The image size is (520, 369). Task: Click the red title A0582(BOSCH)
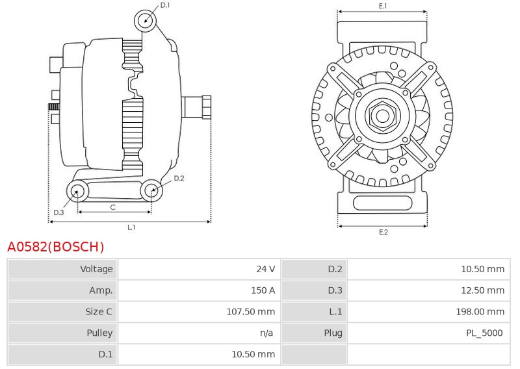(56, 247)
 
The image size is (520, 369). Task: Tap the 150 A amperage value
(263, 290)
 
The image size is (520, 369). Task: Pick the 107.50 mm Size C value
(251, 312)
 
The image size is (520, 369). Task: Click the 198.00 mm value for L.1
(480, 312)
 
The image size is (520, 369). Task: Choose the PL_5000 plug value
(484, 333)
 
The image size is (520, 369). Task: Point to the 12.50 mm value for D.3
(483, 290)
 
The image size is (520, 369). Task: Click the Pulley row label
(99, 333)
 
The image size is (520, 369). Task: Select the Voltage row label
(96, 269)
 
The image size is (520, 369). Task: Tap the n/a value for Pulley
(266, 333)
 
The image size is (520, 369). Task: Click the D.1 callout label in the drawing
(165, 5)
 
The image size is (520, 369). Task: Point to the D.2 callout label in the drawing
(179, 179)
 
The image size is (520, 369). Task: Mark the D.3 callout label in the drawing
(58, 212)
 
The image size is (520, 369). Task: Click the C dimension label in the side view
(112, 207)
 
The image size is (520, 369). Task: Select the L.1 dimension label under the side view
(132, 227)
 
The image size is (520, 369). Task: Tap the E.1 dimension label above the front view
(383, 6)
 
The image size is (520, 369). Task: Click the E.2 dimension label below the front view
(383, 232)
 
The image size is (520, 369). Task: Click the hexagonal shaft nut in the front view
(382, 116)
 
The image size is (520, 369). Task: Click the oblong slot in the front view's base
(382, 203)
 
